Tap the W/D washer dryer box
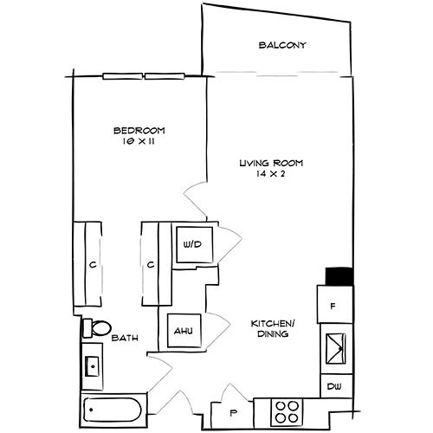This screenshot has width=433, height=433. click(x=191, y=244)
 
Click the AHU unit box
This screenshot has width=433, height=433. click(x=183, y=330)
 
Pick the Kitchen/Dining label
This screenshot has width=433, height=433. click(x=269, y=327)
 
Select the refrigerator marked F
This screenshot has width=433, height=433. click(x=333, y=306)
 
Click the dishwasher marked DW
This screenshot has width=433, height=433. click(x=333, y=386)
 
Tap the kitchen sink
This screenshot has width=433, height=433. click(x=334, y=350)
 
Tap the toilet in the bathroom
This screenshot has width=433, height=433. click(x=94, y=328)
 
